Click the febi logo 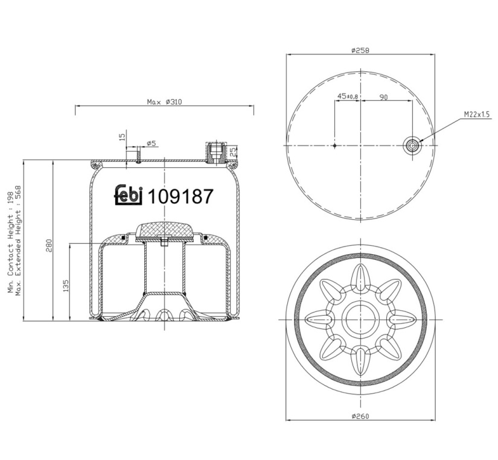[129, 194]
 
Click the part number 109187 [180, 196]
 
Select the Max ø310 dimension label [164, 102]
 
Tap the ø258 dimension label [360, 50]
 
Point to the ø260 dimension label [360, 416]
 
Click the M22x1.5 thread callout [477, 114]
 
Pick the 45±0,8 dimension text [348, 96]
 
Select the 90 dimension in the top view [384, 97]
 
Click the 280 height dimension [48, 245]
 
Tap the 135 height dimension [66, 286]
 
